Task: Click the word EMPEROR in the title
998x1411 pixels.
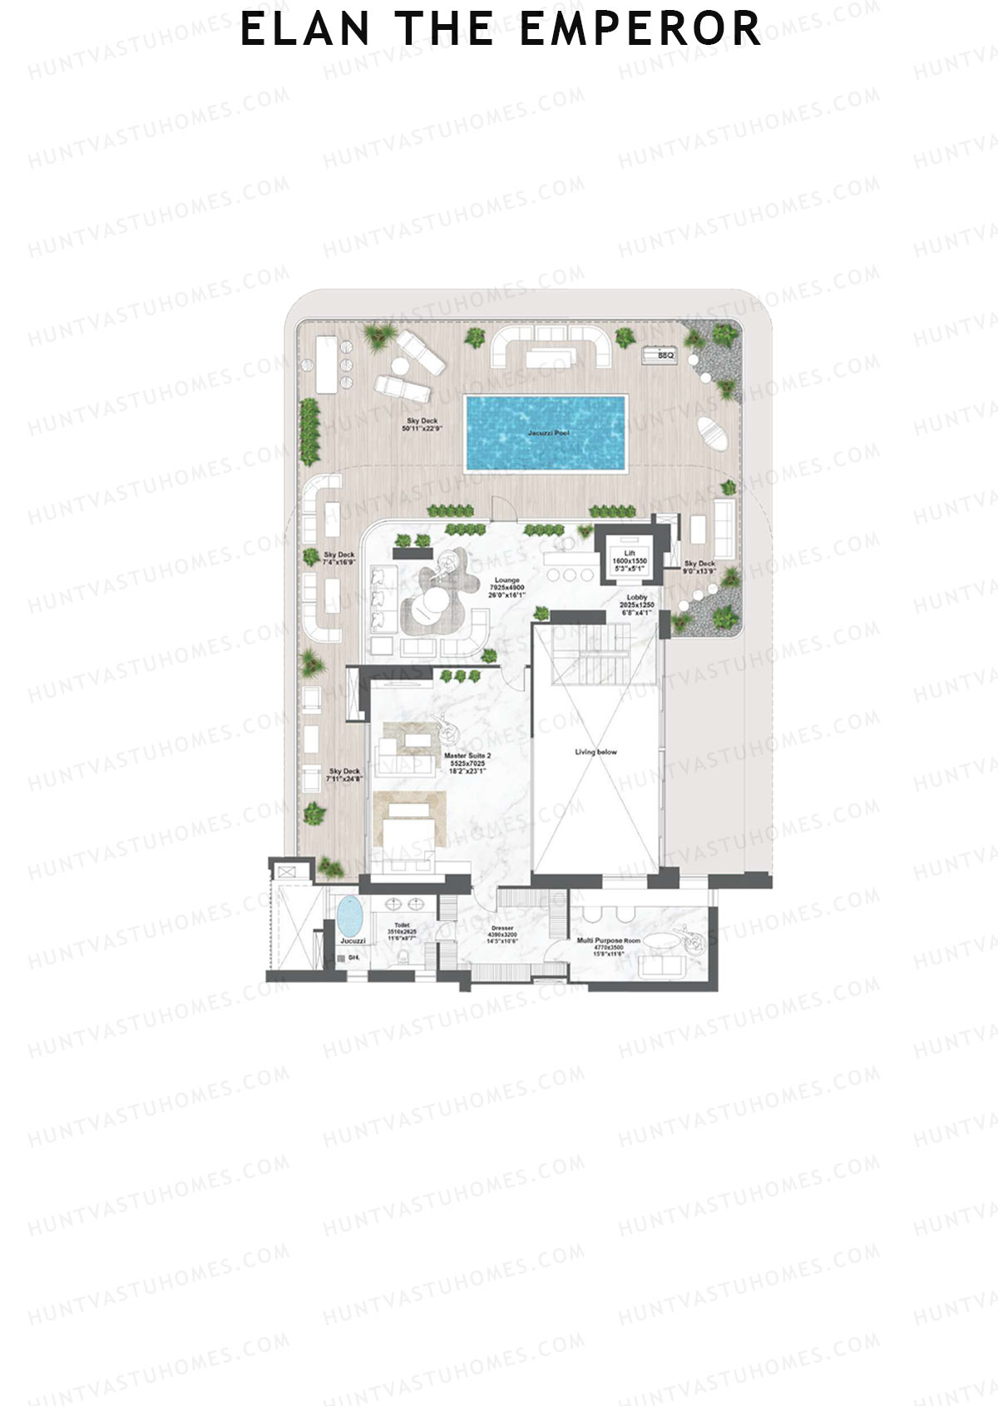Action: coord(640,29)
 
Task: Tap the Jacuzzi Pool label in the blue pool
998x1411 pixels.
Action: coord(548,433)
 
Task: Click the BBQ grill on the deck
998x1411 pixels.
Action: coord(661,355)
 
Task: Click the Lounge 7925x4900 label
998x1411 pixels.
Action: coord(506,587)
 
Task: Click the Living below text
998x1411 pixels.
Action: coord(595,752)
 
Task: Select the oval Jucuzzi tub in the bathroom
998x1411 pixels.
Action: coord(351,916)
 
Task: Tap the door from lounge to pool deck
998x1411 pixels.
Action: coord(501,510)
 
